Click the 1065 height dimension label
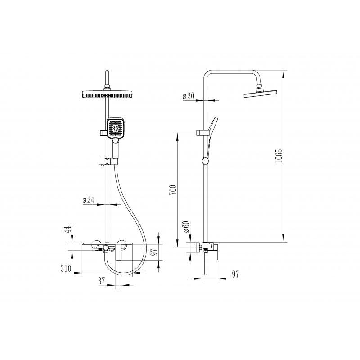[279, 156]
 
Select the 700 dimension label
[173, 190]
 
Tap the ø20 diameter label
[188, 96]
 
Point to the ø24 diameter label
[88, 200]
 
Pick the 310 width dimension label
[66, 268]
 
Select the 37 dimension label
[102, 280]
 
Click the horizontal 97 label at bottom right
[235, 274]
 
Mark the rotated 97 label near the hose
[155, 252]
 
